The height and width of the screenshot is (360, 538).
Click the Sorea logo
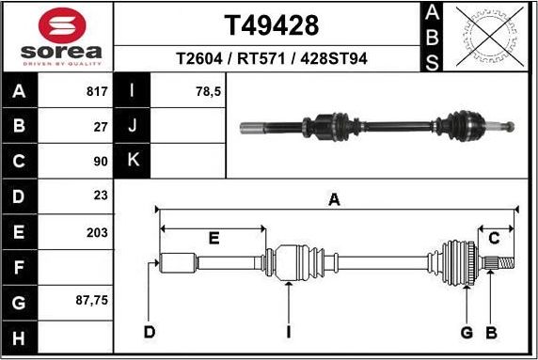(56, 36)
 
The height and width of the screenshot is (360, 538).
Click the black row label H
(20, 337)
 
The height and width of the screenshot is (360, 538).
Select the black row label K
(133, 161)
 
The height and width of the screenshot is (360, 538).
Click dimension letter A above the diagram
(333, 198)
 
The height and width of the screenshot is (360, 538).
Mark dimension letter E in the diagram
(214, 239)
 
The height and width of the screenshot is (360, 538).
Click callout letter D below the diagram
(149, 332)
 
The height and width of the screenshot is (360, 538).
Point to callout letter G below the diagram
(466, 332)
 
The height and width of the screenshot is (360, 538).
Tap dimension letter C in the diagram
(493, 239)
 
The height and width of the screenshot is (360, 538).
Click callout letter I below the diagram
(288, 332)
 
